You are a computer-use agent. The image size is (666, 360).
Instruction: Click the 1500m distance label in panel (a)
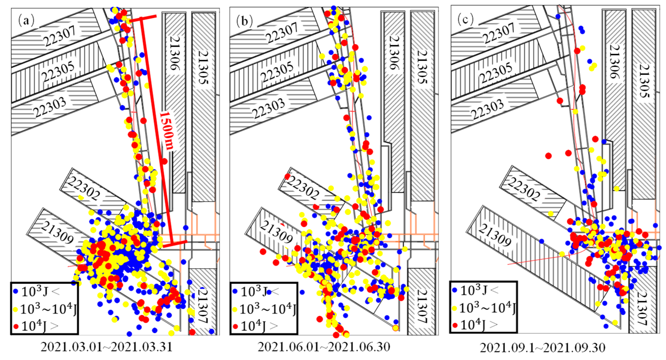pyautogui.click(x=167, y=131)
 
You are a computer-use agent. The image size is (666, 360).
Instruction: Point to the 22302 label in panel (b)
pyautogui.click(x=303, y=188)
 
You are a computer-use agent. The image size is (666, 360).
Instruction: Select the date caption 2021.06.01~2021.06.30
pyautogui.click(x=324, y=347)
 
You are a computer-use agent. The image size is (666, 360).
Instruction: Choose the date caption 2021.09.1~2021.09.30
pyautogui.click(x=542, y=348)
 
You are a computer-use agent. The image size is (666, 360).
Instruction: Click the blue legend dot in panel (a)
pyautogui.click(x=16, y=291)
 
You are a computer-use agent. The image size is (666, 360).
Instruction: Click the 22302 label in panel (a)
pyautogui.click(x=83, y=188)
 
